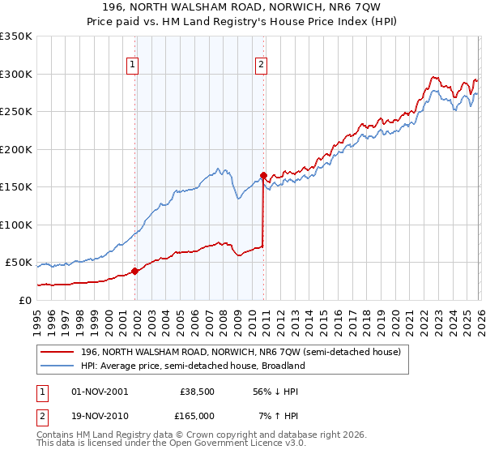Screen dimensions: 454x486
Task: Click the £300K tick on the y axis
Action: pyautogui.click(x=16, y=74)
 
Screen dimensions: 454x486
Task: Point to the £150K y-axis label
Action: pyautogui.click(x=16, y=187)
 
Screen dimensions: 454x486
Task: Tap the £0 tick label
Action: pyautogui.click(x=24, y=300)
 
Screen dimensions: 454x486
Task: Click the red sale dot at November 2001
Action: pyautogui.click(x=134, y=272)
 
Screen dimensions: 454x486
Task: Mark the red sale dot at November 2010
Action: pyautogui.click(x=263, y=175)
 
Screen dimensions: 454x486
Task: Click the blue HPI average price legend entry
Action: pyautogui.click(x=192, y=366)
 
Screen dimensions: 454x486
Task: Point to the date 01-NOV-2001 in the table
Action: pyautogui.click(x=100, y=392)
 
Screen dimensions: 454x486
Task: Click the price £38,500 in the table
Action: pyautogui.click(x=197, y=392)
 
